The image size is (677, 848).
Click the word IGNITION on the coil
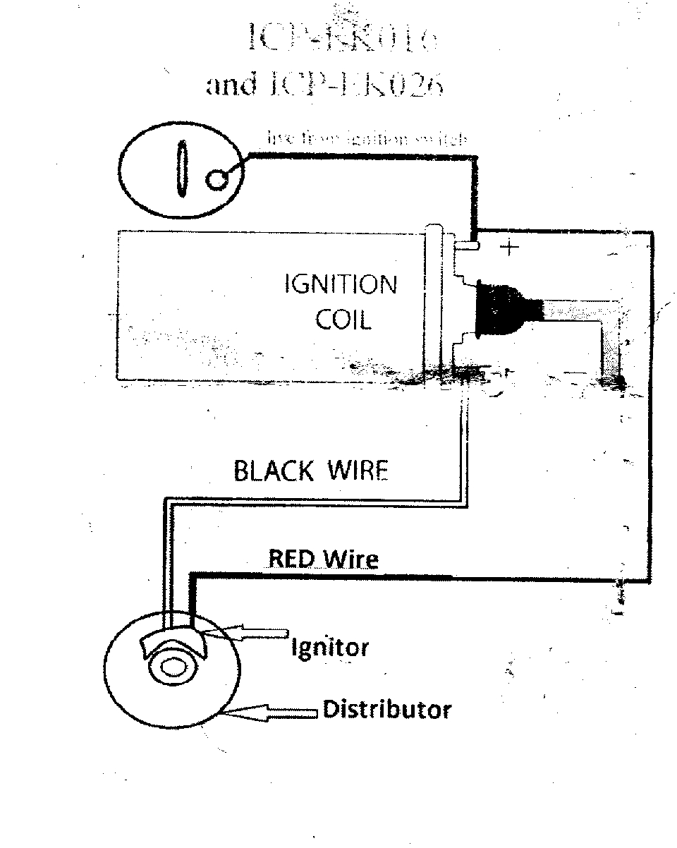click(340, 286)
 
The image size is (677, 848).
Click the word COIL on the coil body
click(342, 320)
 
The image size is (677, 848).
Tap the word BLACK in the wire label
click(272, 471)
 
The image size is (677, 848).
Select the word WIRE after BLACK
click(356, 471)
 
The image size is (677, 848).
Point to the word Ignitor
click(330, 646)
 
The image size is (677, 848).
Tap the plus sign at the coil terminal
click(508, 248)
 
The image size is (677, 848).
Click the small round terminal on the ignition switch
click(217, 181)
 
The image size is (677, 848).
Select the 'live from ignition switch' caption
click(367, 139)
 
